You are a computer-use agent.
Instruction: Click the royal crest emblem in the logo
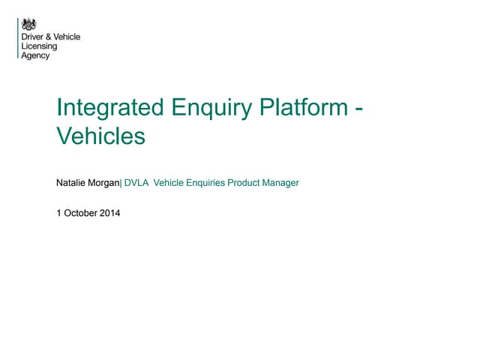tap(28, 24)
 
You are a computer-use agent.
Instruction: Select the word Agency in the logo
tap(36, 56)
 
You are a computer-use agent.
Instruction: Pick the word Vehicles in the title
tap(100, 136)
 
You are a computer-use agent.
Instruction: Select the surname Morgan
tap(104, 183)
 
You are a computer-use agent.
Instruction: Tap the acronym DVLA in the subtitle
tap(136, 182)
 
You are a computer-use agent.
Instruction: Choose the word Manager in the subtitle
tap(282, 183)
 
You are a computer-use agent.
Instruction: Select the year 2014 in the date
tap(109, 212)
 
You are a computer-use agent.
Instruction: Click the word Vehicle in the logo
tap(67, 37)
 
